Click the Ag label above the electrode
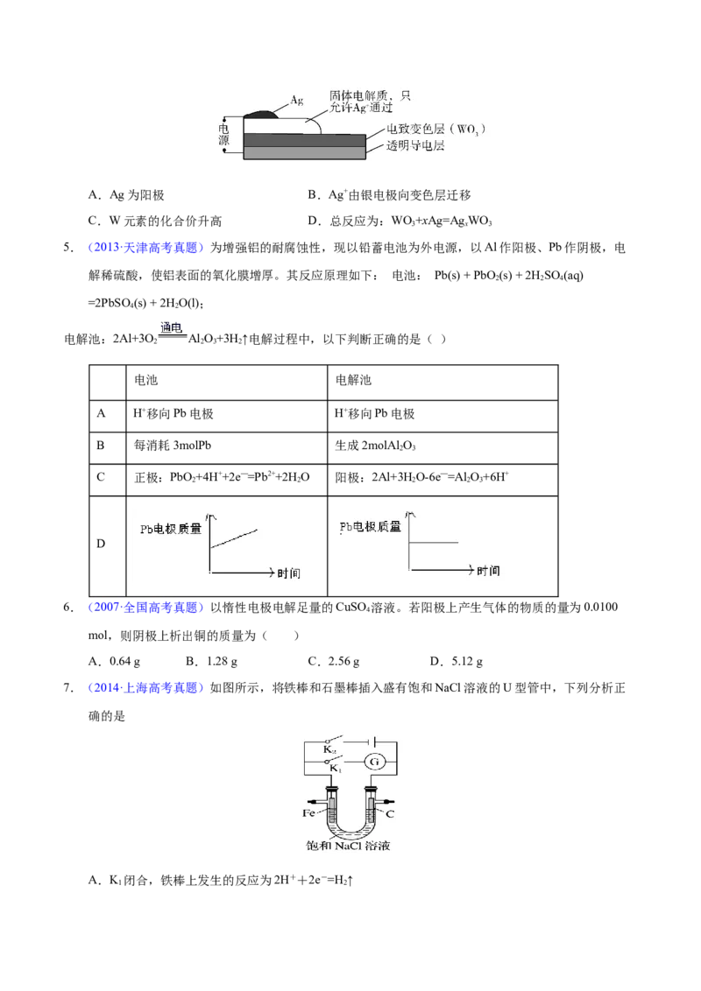[297, 100]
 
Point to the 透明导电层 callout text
[415, 146]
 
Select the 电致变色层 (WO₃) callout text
[435, 129]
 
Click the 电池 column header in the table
[145, 380]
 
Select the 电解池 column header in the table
[353, 380]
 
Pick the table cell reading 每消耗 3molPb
[172, 446]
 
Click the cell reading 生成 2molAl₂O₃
[375, 446]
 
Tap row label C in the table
[101, 477]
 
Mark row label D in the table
[101, 544]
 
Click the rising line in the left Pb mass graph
[234, 538]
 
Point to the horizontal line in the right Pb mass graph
[434, 542]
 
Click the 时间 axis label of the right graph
[488, 571]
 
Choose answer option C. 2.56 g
[334, 662]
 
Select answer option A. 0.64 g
[115, 662]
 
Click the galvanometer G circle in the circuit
[374, 762]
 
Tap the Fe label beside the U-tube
[308, 812]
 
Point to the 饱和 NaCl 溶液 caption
[348, 846]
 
